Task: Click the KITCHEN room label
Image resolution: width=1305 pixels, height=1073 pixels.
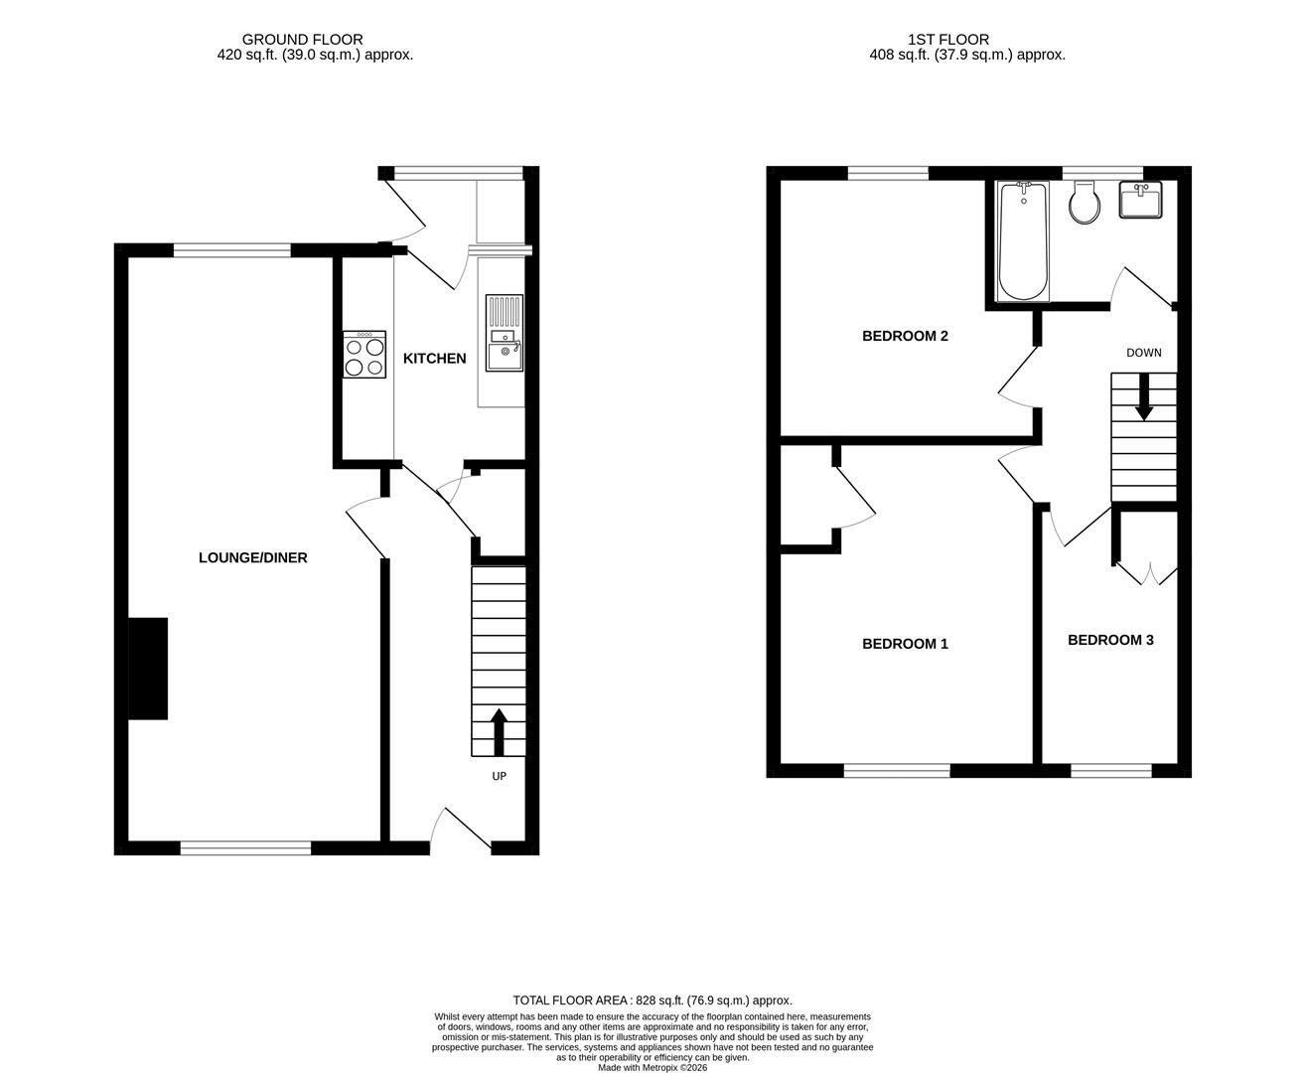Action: coord(434,359)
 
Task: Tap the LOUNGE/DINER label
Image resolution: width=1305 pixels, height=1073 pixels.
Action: coord(253,558)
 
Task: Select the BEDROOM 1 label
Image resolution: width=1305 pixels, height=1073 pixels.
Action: coord(905,644)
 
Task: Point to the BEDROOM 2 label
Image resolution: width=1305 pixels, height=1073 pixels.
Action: coord(905,336)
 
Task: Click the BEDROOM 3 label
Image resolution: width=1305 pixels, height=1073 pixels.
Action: coord(1110,640)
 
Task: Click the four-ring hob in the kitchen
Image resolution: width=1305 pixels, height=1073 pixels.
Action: coord(364,355)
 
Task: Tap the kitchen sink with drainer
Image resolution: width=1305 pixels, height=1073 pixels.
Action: coord(504,333)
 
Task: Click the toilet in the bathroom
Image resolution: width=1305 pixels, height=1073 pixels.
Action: coord(1085,204)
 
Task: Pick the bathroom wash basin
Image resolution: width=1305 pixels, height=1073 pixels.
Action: coord(1140,201)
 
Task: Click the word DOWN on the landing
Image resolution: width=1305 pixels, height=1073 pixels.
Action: coord(1143,353)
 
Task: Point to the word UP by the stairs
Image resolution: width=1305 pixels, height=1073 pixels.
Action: coord(499,776)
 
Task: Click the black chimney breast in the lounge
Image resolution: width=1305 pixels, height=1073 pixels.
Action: coord(148,668)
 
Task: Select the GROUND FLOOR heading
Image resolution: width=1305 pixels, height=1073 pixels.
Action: coord(302,40)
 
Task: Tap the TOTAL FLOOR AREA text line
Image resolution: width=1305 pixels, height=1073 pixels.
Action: coord(652,1000)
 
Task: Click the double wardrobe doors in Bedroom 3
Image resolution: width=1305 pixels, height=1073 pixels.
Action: coord(1148,573)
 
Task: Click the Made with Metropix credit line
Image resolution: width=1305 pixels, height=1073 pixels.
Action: coord(652,1067)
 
